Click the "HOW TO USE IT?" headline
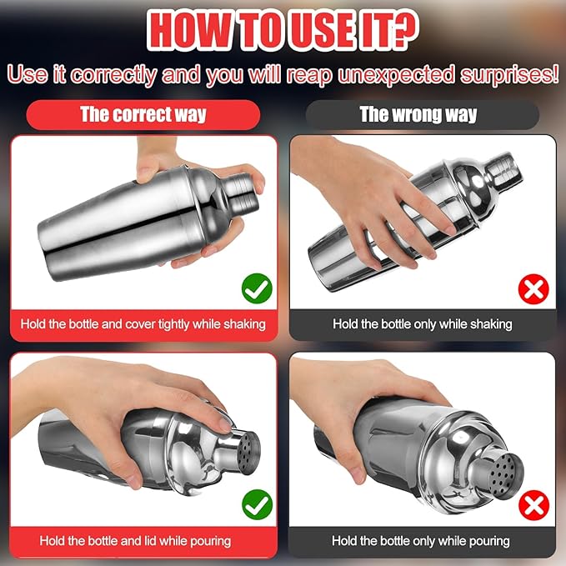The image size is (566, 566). click(x=283, y=31)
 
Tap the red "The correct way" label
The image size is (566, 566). click(x=143, y=115)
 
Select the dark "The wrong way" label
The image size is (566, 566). click(x=422, y=115)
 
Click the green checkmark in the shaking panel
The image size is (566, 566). click(x=257, y=288)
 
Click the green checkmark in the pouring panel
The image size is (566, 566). click(x=257, y=504)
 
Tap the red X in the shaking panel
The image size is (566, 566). click(x=533, y=289)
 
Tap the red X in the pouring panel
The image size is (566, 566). click(x=533, y=505)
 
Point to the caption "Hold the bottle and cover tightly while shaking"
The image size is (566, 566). click(x=143, y=324)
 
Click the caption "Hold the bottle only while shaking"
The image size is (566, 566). click(x=423, y=324)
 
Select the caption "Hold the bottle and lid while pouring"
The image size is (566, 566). click(x=135, y=541)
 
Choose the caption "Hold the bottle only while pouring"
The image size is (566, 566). click(x=421, y=541)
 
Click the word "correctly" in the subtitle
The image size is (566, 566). click(x=113, y=75)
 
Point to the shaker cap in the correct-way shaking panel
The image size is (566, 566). click(x=241, y=193)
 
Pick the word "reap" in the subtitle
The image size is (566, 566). click(x=309, y=75)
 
